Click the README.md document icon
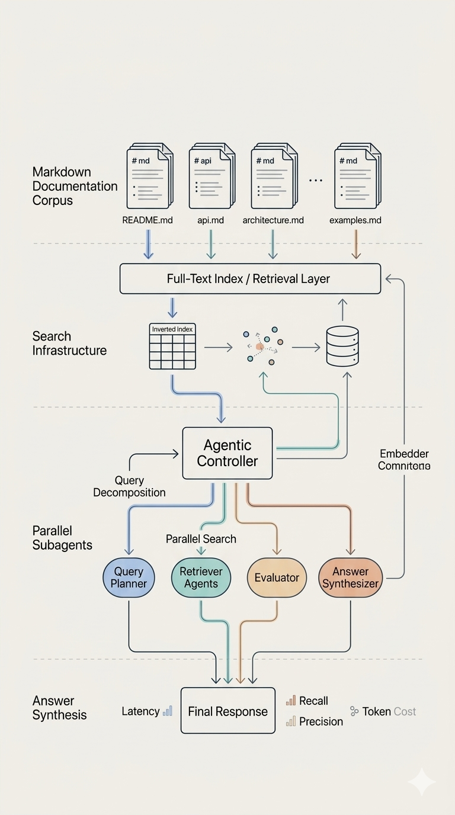point(148,176)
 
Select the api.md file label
point(211,220)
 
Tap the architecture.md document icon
point(273,176)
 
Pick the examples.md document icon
point(356,176)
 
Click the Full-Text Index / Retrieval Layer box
point(250,278)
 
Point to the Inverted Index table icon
point(172,346)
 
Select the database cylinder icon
point(343,346)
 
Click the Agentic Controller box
point(227,453)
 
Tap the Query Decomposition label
point(129,486)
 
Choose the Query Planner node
point(129,577)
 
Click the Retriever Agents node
point(201,577)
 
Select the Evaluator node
point(277,577)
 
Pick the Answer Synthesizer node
point(351,577)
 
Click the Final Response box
point(228,711)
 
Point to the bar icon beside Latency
point(168,711)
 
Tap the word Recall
point(313,701)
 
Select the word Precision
point(321,721)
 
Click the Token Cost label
point(389,711)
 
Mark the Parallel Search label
point(201,539)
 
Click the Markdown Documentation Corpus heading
point(75,186)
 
